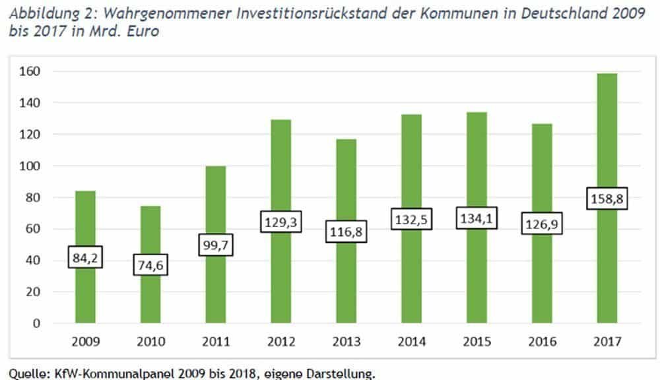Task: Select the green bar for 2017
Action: click(x=606, y=264)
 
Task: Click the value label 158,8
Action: click(x=606, y=199)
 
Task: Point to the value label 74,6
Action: click(x=150, y=265)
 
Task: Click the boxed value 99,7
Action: click(x=215, y=245)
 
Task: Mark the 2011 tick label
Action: click(x=215, y=342)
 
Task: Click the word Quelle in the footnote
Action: click(x=23, y=374)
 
